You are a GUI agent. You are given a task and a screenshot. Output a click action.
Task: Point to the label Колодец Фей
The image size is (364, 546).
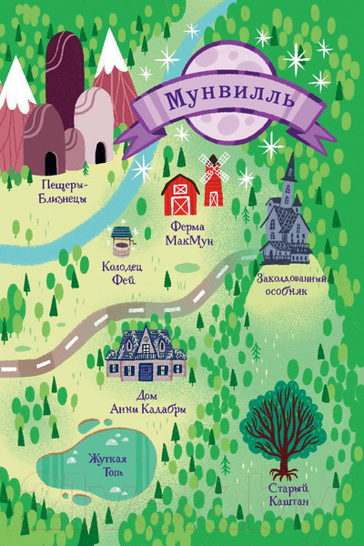coord(124,271)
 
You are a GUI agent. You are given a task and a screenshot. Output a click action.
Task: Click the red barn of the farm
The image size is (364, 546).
coord(180,194)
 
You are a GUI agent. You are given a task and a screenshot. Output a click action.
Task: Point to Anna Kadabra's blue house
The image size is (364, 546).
coord(147,355)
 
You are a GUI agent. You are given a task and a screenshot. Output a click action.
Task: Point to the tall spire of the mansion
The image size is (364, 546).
coord(290,168)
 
